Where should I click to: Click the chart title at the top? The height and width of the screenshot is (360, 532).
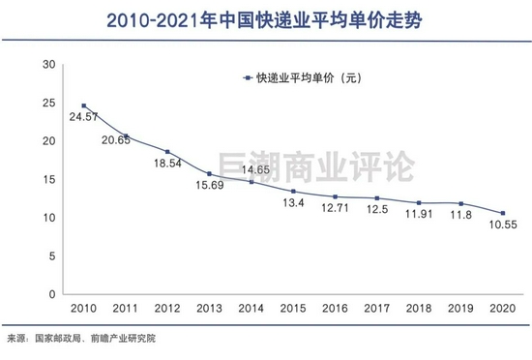[265, 18]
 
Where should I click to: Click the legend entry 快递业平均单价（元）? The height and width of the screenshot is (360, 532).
[300, 78]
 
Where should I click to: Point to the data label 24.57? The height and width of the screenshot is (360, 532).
[84, 117]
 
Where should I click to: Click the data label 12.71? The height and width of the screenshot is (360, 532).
[334, 208]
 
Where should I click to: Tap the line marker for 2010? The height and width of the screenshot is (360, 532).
[83, 105]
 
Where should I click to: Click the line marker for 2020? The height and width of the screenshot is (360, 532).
[502, 213]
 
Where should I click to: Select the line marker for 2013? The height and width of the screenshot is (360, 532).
[209, 173]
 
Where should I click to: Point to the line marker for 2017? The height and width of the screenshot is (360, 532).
[376, 197]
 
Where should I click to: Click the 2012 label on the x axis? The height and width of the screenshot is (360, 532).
[166, 308]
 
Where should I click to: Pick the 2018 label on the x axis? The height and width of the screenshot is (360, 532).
[418, 308]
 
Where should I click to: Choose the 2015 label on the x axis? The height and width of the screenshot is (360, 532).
[292, 308]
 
